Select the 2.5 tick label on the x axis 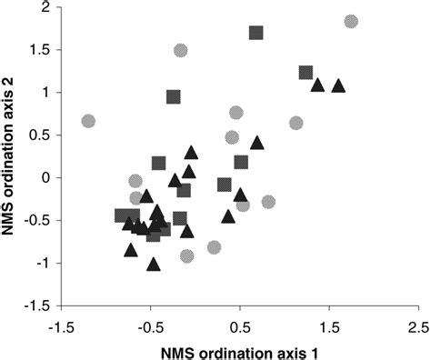click(x=417, y=325)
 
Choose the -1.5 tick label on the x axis click(x=61, y=325)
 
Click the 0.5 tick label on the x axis click(x=239, y=325)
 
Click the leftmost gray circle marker click(x=88, y=121)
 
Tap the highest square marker click(x=256, y=33)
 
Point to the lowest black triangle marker click(x=154, y=265)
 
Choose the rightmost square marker click(x=306, y=73)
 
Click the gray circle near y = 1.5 click(x=181, y=50)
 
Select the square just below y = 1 click(x=174, y=96)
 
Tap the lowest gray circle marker click(x=186, y=256)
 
